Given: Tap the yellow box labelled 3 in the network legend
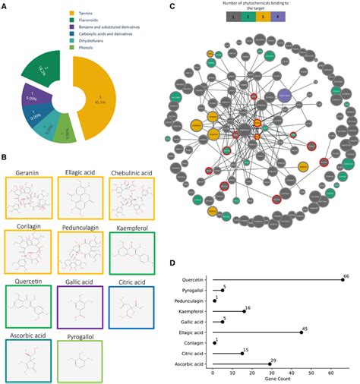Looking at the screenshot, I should click(261, 24).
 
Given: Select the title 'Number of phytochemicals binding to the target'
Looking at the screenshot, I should click(254, 10).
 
